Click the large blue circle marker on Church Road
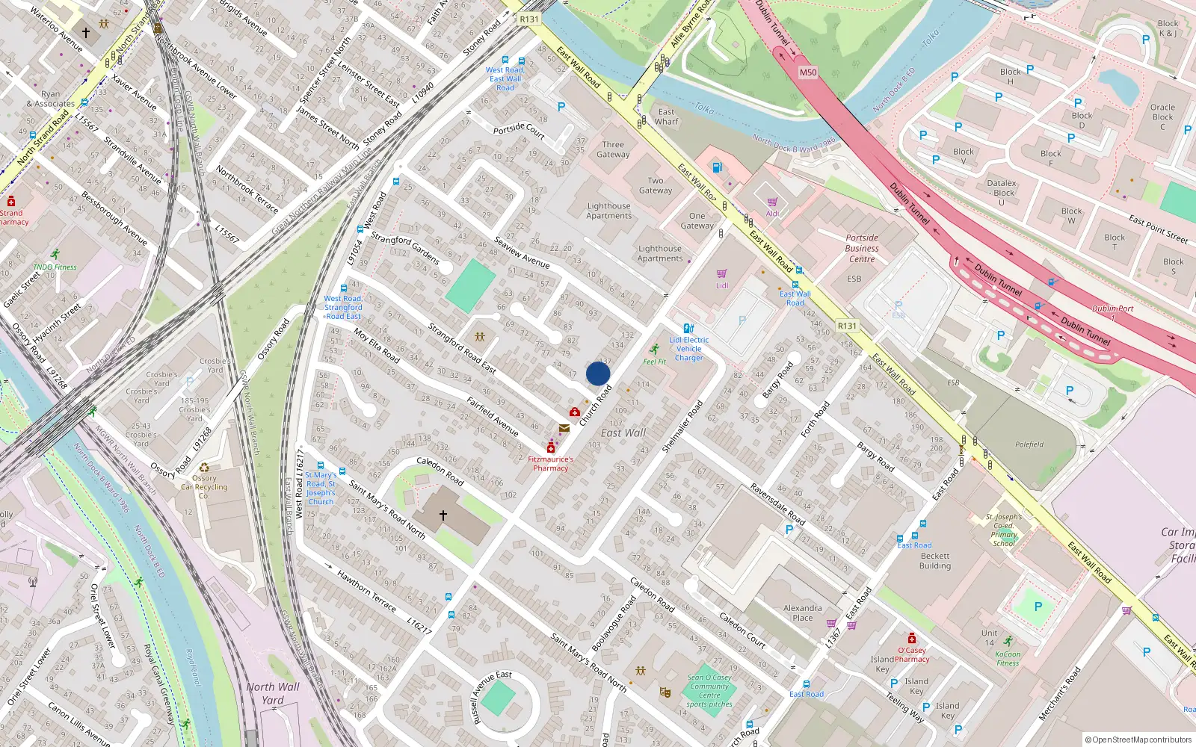click(598, 373)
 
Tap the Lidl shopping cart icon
click(721, 274)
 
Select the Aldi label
click(772, 214)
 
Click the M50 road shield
click(808, 72)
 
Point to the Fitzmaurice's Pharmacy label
click(551, 464)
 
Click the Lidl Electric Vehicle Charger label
click(689, 349)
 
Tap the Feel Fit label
click(654, 362)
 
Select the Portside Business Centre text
click(862, 249)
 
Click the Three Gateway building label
click(613, 149)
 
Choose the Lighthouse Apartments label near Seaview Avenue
click(608, 211)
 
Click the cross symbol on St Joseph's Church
click(443, 515)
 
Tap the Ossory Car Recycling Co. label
click(204, 486)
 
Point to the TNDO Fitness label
click(55, 267)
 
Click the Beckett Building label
click(935, 561)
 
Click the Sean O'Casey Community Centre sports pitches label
click(709, 691)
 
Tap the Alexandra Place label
click(803, 613)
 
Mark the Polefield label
click(1029, 444)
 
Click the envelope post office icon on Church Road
click(564, 428)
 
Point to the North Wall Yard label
click(273, 692)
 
